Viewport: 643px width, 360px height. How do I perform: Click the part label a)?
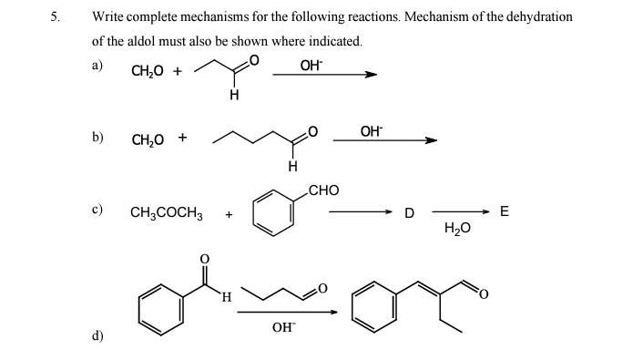pos(97,65)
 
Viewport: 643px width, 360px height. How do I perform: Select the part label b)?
pos(97,137)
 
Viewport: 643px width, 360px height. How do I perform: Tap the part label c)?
pos(97,209)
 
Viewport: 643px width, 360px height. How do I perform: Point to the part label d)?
pos(97,335)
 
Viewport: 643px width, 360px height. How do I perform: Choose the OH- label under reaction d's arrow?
pos(282,326)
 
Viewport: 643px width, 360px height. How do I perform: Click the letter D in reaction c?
pos(409,213)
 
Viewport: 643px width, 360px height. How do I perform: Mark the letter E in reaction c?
pos(505,212)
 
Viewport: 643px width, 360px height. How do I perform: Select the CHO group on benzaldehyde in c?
pos(324,190)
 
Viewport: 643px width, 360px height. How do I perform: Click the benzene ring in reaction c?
pos(274,213)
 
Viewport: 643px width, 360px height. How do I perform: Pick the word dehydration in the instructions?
pos(540,16)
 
